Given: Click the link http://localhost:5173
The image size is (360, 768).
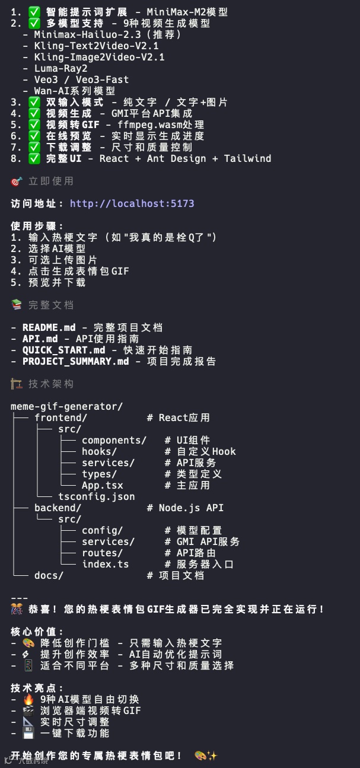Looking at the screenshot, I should (x=132, y=203).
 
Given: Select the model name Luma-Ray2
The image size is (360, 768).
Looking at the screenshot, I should (x=60, y=68).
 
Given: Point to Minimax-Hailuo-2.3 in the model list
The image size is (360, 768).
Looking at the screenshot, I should (x=87, y=34).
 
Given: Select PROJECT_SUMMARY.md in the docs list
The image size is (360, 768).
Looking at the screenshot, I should (x=75, y=361).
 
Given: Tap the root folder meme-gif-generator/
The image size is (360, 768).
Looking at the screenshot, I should (x=66, y=406).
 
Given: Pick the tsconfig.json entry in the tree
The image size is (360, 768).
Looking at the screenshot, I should (x=96, y=496).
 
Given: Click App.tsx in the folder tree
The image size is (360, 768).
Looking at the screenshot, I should (x=102, y=485).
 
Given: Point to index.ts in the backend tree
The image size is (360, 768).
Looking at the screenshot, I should (x=105, y=564).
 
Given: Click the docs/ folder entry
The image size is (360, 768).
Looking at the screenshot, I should (x=49, y=575).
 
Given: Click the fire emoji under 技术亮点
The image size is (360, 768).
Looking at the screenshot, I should (x=28, y=699).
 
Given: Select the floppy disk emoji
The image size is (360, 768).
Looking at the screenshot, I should (x=28, y=733).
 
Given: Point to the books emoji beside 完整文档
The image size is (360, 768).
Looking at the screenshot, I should (x=17, y=305).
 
